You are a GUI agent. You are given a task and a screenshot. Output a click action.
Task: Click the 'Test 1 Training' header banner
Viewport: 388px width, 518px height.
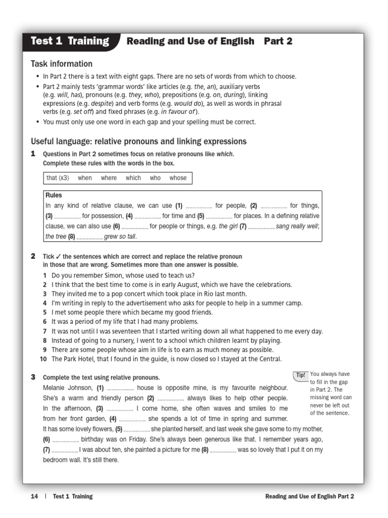click(70, 41)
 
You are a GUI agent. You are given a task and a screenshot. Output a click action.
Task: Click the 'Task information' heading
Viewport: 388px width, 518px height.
click(62, 64)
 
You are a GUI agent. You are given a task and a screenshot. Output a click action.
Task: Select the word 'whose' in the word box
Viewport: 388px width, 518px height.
click(178, 178)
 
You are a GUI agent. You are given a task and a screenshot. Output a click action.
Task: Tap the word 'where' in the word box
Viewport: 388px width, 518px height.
click(109, 178)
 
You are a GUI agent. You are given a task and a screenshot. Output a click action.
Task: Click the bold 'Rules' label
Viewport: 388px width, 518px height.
click(54, 195)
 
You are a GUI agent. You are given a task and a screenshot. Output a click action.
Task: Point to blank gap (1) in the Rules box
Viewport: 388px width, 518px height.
click(199, 206)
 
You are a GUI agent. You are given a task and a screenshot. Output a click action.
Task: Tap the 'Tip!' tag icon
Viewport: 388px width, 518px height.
click(301, 375)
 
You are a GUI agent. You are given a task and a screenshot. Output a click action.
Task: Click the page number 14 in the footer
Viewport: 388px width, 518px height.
click(34, 496)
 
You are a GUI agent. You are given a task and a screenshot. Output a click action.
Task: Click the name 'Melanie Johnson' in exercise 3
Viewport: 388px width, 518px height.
click(68, 388)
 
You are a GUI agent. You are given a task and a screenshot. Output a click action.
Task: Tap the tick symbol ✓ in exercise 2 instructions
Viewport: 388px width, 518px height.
click(58, 256)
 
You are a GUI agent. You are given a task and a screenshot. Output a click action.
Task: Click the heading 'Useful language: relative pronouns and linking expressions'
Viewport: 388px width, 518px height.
click(139, 141)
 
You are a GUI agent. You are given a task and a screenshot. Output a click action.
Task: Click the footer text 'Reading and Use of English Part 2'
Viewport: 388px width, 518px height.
click(309, 496)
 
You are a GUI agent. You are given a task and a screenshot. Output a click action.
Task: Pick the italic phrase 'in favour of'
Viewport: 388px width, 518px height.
click(179, 112)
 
